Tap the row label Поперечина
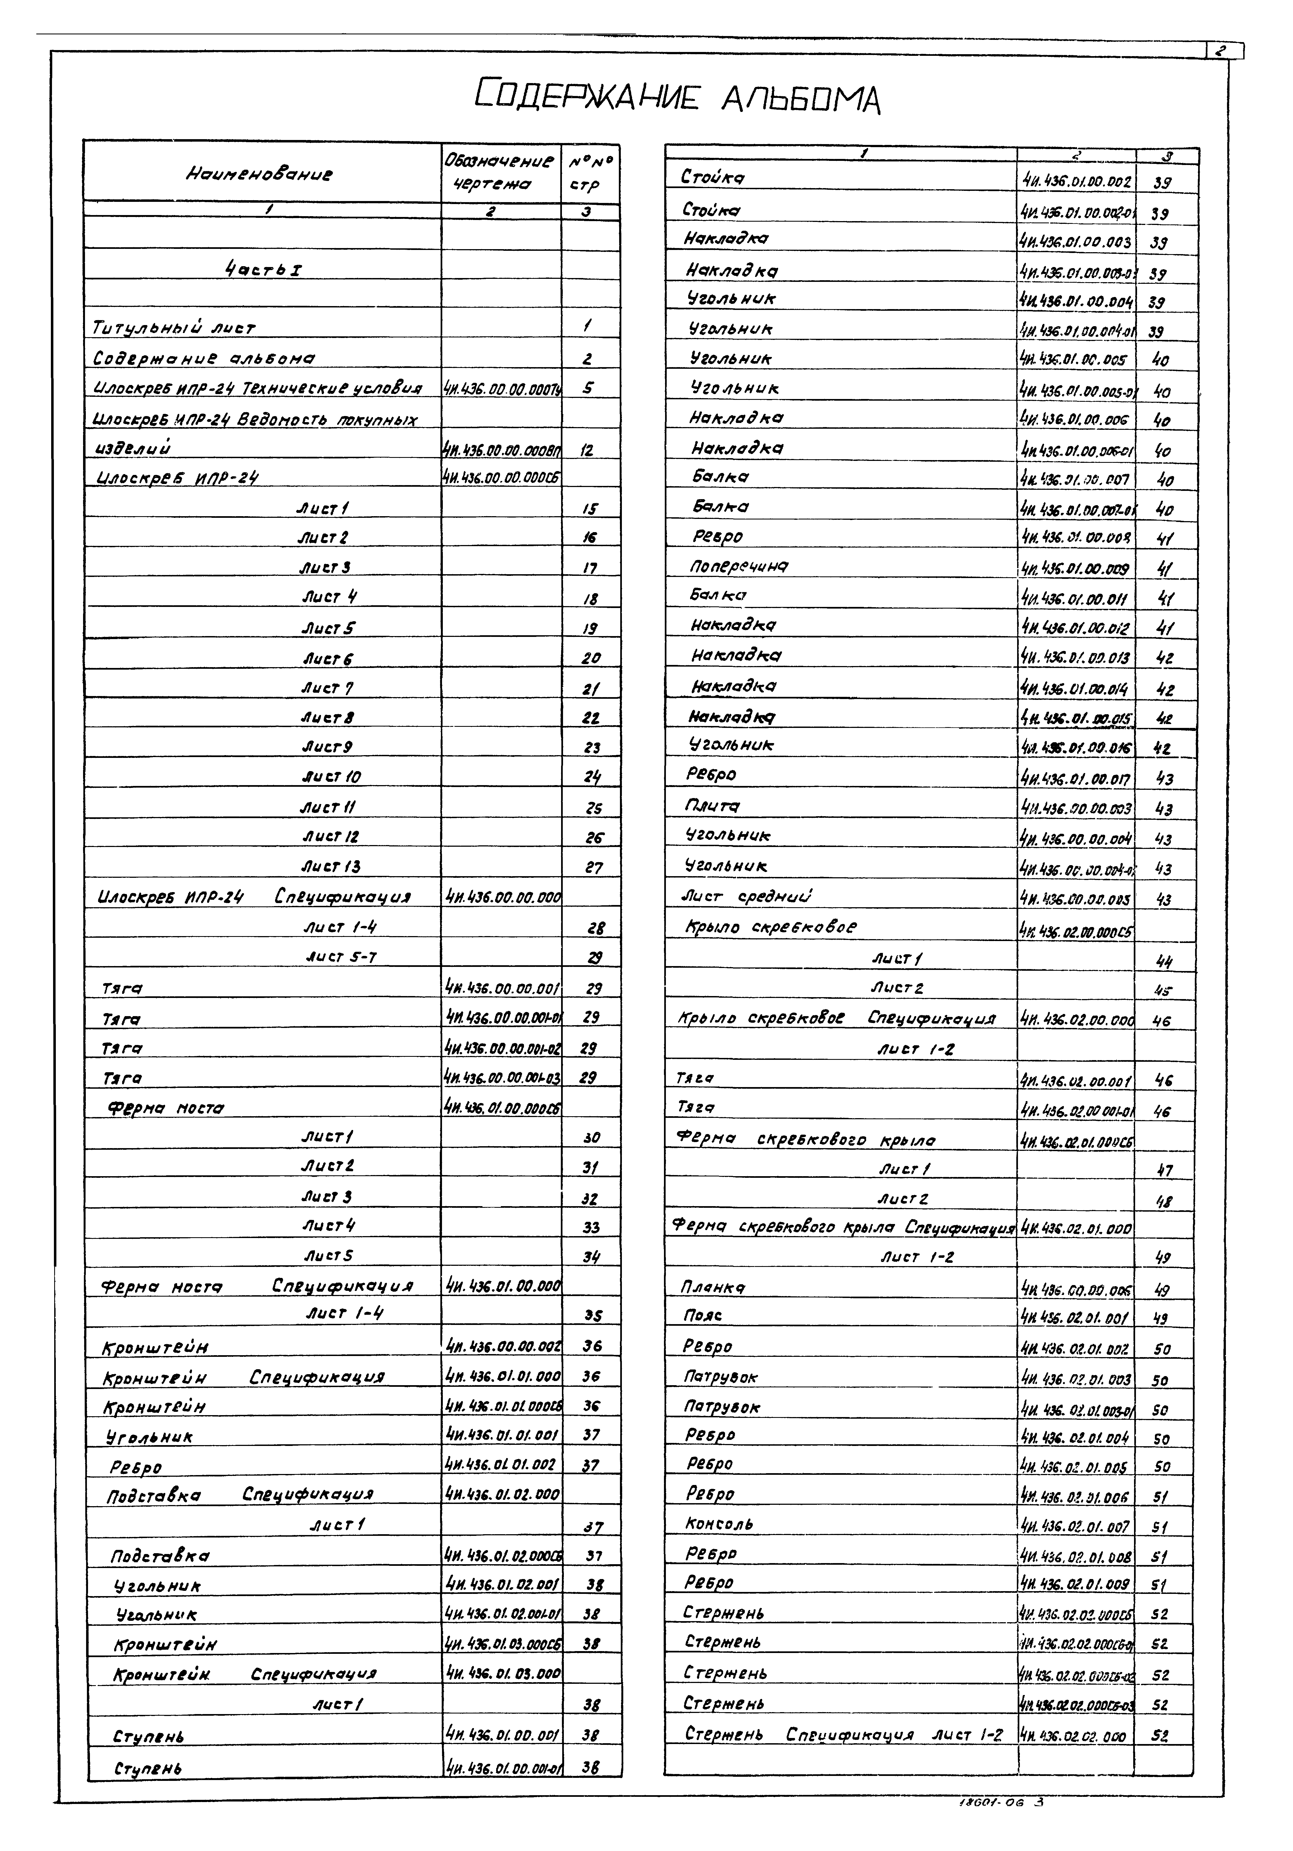click(x=739, y=567)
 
